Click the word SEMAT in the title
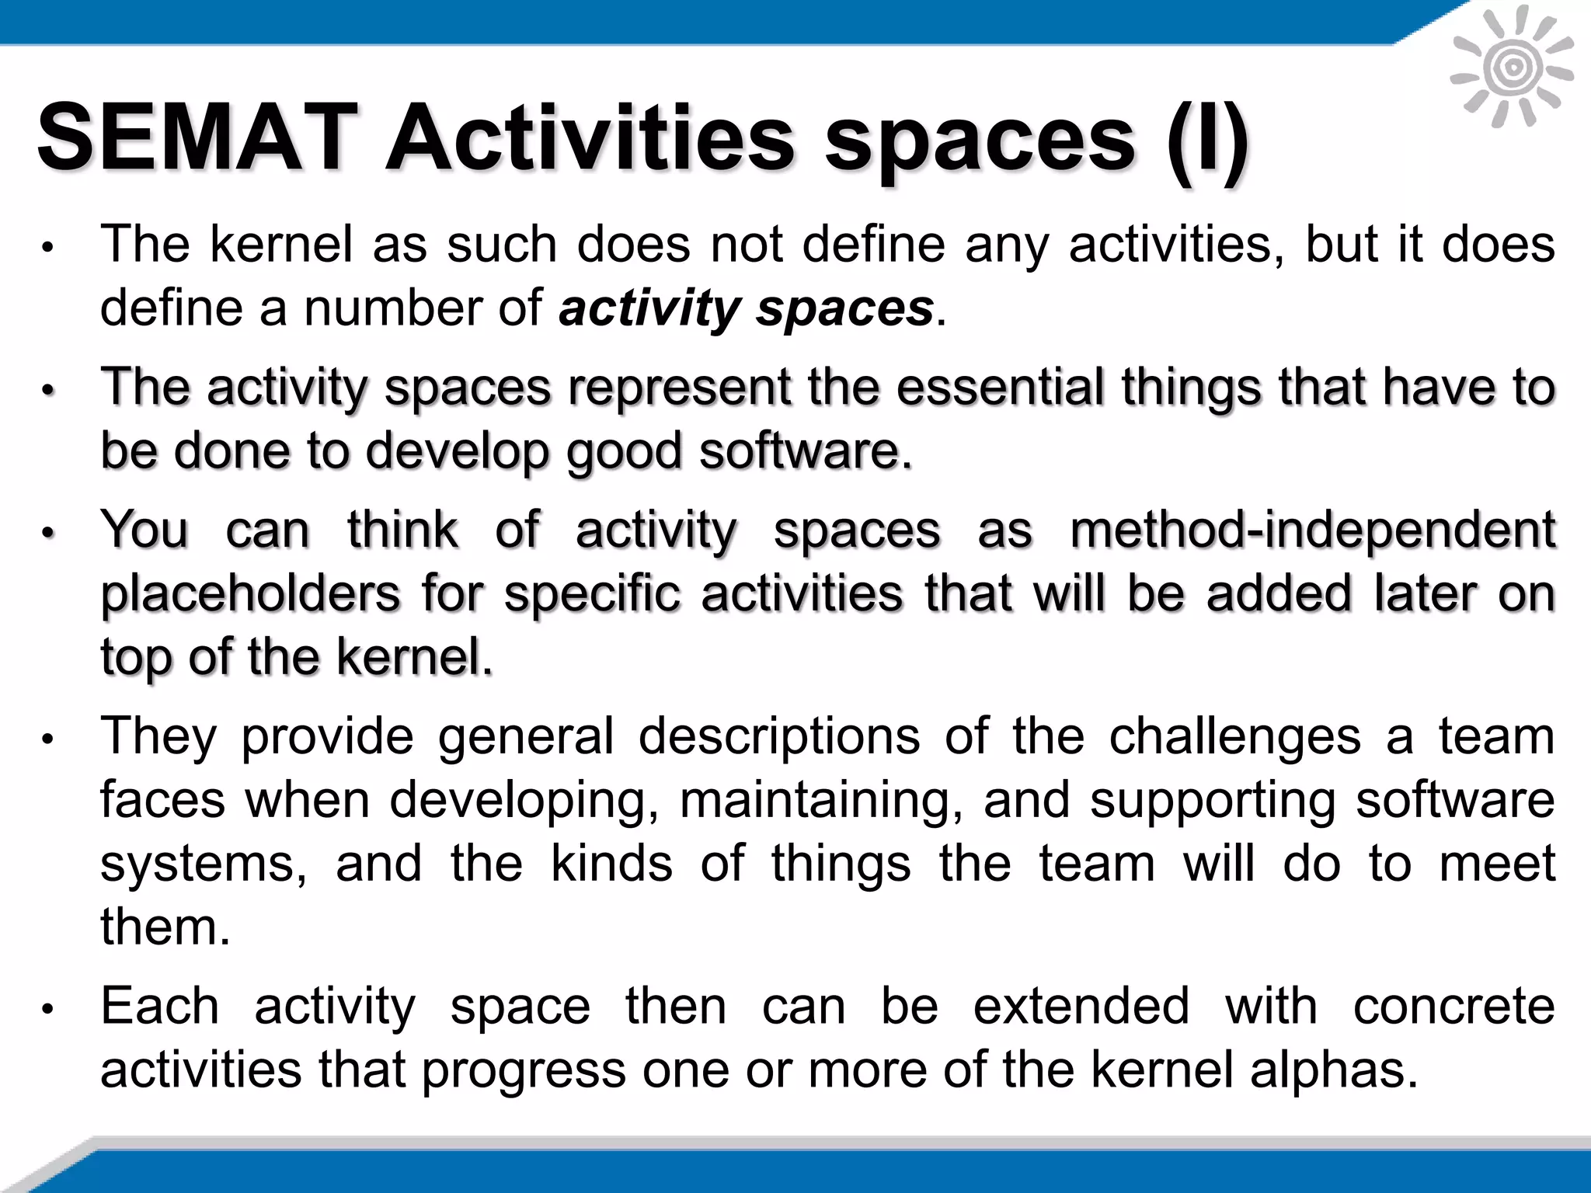point(197,138)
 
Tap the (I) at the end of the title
point(1209,140)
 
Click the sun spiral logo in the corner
point(1512,68)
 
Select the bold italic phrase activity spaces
point(746,308)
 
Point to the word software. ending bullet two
point(805,451)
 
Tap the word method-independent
point(1312,530)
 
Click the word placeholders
point(251,595)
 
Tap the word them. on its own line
point(165,927)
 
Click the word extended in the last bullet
point(1081,1006)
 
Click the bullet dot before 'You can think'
point(47,534)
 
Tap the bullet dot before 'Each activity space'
point(47,1009)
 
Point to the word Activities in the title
point(590,138)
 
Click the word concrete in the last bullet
point(1454,1006)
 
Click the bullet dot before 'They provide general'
point(47,739)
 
